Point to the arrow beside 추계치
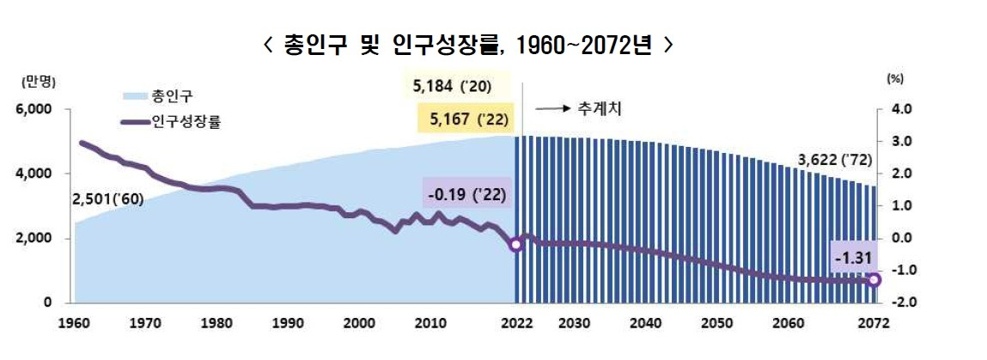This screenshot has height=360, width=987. point(553,109)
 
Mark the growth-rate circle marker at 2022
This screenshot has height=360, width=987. point(515,245)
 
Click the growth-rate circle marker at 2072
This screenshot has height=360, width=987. point(874,280)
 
